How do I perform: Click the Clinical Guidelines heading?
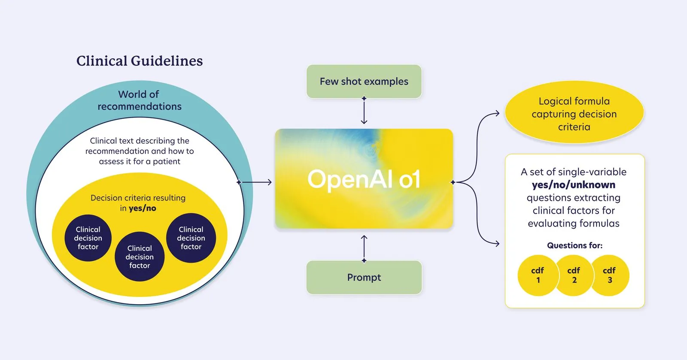[x=140, y=61]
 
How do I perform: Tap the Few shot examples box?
[x=364, y=82]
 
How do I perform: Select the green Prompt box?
[x=364, y=278]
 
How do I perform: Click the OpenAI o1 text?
[x=364, y=179]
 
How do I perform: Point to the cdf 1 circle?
[x=538, y=275]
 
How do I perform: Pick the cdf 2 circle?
[x=574, y=275]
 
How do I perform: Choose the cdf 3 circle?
[x=610, y=275]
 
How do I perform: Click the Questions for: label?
[x=575, y=245]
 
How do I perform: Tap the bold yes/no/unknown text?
[x=574, y=185]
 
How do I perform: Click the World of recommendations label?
[x=139, y=100]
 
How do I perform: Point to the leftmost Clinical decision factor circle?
[x=88, y=238]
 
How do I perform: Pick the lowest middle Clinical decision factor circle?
[x=140, y=257]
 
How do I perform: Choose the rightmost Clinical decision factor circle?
[x=191, y=238]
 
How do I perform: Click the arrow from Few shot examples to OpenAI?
[x=364, y=111]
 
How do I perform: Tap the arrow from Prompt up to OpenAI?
[x=364, y=248]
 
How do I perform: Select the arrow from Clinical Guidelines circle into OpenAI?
[x=255, y=182]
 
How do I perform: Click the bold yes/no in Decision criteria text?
[x=143, y=209]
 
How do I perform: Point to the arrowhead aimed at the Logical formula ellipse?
[x=497, y=114]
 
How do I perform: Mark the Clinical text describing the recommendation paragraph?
[x=140, y=151]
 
